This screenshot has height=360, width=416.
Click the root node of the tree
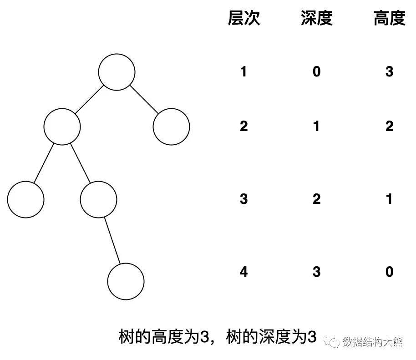coord(117,72)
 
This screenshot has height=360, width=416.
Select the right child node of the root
coord(171,127)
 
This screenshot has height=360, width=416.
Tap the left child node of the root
coord(62,127)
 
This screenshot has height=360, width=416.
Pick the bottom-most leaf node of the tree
coord(126,281)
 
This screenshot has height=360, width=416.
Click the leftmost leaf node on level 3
coord(25,199)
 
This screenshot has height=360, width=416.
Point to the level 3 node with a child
coord(98,199)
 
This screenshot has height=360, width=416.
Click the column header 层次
coord(244,19)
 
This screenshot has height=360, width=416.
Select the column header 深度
coord(317,19)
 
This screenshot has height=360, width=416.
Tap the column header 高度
coord(389,19)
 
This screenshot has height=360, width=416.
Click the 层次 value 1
coord(244,72)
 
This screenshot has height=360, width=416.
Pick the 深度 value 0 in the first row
coord(317,72)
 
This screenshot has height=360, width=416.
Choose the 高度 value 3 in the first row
coord(389,72)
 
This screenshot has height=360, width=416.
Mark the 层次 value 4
coord(244,272)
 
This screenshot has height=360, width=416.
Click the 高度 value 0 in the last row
coord(389,272)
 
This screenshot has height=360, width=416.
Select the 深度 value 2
coord(317,199)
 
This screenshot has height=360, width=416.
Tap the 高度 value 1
coord(389,199)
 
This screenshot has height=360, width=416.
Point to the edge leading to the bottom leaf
coord(112,240)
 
